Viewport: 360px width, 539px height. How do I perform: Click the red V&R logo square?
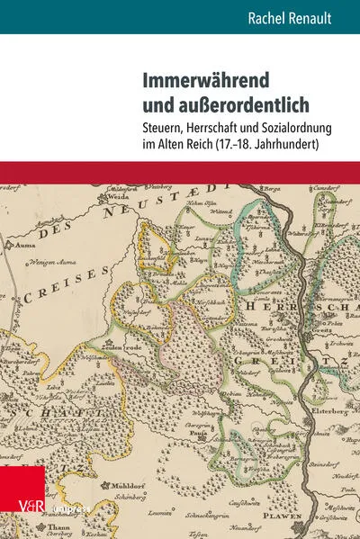pos(19,508)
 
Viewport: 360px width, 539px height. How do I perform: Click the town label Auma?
pos(24,243)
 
